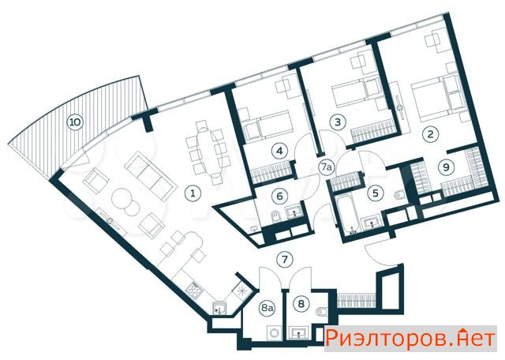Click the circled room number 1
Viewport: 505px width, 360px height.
tap(193, 193)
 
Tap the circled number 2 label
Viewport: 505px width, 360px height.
tap(431, 133)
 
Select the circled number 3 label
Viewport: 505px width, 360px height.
tap(338, 122)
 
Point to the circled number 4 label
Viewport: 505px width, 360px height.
tap(279, 151)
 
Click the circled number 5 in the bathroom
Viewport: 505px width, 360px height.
tap(376, 193)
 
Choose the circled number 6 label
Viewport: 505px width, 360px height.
tap(279, 196)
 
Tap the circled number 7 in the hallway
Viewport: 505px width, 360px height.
tap(285, 260)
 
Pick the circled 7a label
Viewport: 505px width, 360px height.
tap(327, 167)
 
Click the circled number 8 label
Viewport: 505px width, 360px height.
tap(301, 304)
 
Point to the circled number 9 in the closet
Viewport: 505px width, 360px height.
tap(446, 167)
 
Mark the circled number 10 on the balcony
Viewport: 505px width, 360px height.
tap(75, 122)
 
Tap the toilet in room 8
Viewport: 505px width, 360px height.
tap(322, 312)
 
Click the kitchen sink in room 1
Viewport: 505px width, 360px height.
tap(220, 309)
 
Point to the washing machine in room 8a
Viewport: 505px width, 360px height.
tap(275, 332)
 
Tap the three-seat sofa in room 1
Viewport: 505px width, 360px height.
tap(151, 176)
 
